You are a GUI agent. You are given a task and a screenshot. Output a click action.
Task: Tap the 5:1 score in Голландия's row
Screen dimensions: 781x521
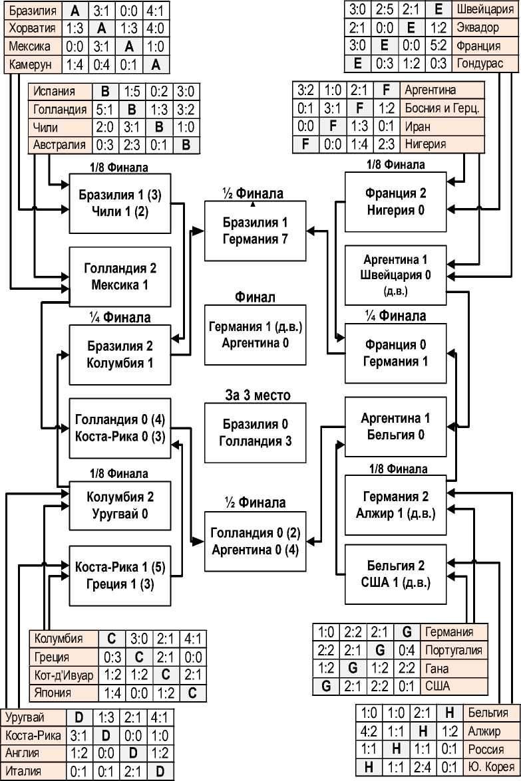coord(111,109)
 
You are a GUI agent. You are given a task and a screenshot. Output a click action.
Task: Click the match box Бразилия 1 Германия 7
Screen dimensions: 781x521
coord(256,230)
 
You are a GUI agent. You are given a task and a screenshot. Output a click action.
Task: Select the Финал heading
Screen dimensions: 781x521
coord(256,297)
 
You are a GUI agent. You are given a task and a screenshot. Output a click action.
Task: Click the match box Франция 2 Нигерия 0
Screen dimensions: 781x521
coord(395,202)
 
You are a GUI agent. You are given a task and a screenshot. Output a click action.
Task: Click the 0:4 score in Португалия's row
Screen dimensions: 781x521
coord(409,650)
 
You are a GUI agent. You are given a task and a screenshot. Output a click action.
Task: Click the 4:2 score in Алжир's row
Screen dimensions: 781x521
coord(368,730)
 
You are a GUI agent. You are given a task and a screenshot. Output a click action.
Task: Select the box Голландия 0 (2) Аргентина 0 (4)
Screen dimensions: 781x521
coord(256,541)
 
